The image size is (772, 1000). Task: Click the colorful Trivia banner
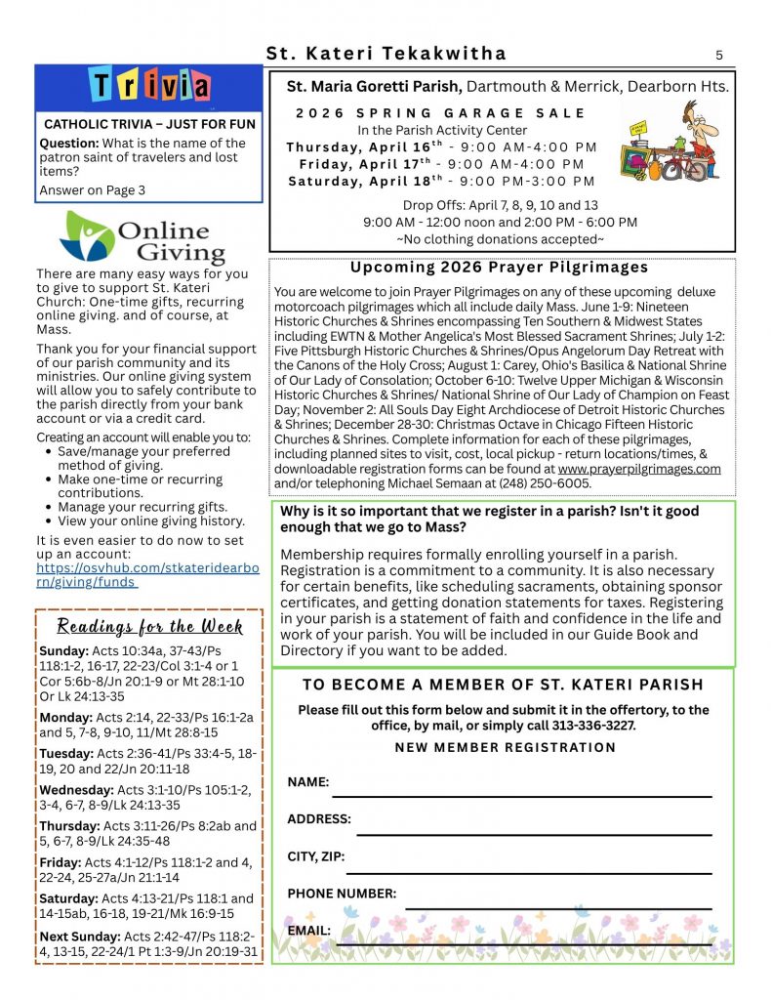(149, 87)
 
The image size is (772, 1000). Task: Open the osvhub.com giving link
(146, 575)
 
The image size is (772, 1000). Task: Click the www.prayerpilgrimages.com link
(639, 469)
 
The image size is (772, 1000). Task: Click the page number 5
(719, 55)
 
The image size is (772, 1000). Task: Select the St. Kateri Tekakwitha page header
(386, 54)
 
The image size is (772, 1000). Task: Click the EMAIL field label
(308, 931)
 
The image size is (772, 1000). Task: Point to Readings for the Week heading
(149, 626)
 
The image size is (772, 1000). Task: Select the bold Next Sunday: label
(81, 936)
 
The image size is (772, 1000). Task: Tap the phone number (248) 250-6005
(544, 482)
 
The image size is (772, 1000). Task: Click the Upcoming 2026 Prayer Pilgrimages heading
(499, 268)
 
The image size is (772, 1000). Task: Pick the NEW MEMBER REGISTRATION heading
(505, 748)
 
